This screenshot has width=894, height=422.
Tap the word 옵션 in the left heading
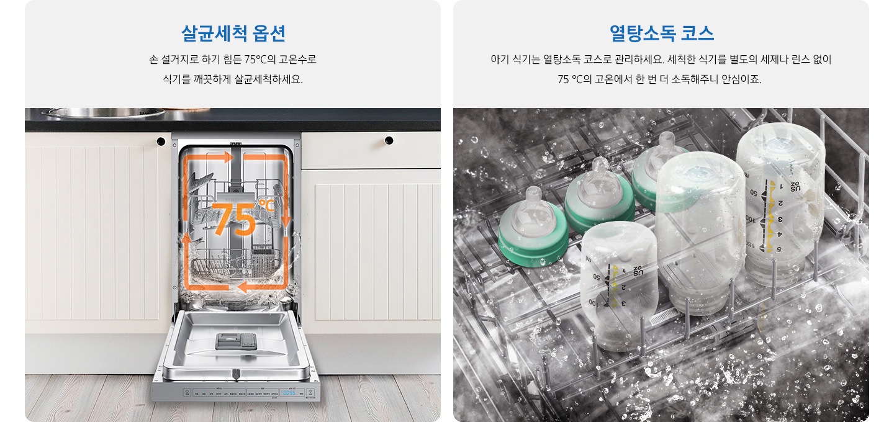(269, 33)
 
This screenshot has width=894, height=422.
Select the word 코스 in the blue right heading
(697, 33)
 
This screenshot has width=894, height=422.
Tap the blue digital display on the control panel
(288, 392)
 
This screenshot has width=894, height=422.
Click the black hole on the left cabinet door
(161, 141)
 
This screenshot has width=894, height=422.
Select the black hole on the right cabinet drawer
(389, 141)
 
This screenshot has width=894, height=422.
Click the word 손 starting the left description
(153, 60)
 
